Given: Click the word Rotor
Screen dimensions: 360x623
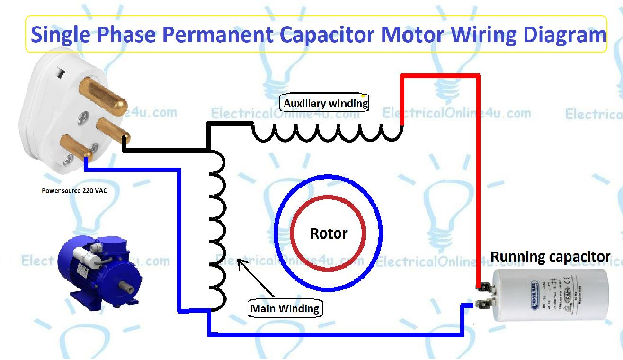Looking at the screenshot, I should [329, 234].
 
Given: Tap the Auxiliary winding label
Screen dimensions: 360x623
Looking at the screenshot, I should [325, 103].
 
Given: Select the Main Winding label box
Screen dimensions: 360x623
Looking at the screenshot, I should [285, 309].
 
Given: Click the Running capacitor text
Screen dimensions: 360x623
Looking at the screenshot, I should [550, 257].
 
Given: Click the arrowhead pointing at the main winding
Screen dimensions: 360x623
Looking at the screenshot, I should [239, 262].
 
